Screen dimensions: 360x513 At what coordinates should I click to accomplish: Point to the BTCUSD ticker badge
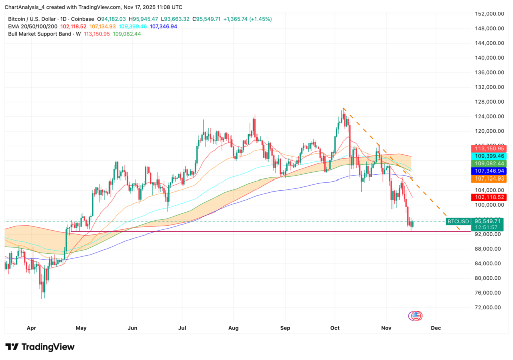(x=458, y=221)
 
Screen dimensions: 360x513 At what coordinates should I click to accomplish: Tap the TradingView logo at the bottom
(x=40, y=347)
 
